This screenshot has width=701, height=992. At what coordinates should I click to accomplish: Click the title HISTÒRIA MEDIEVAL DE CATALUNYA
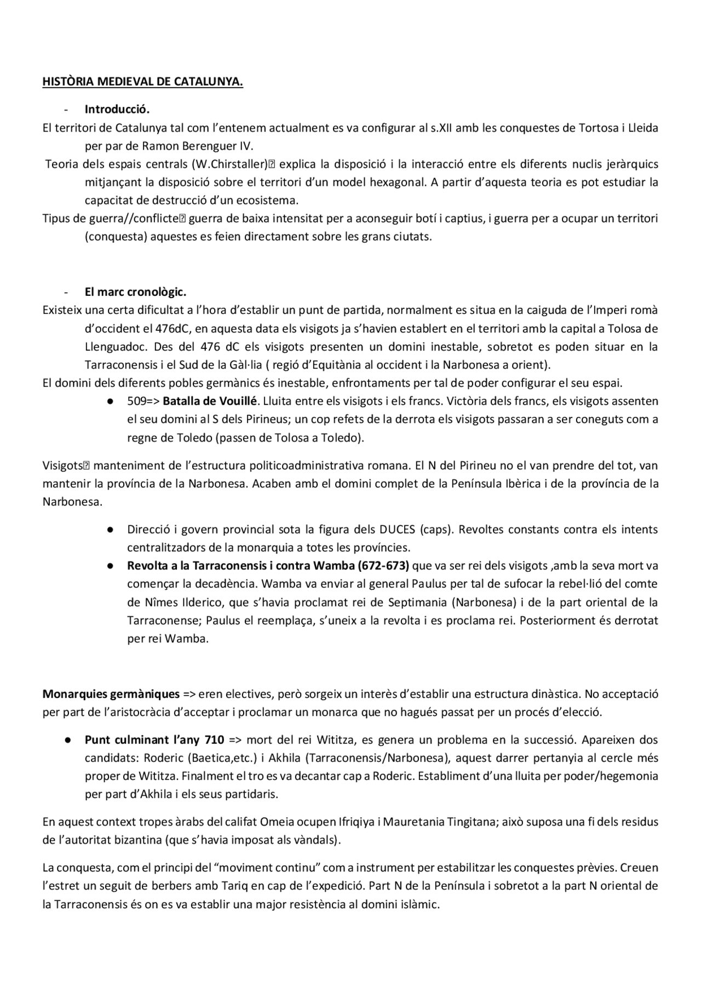(143, 82)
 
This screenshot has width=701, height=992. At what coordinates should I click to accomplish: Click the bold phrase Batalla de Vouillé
(210, 401)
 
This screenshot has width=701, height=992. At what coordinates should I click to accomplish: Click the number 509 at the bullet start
(135, 401)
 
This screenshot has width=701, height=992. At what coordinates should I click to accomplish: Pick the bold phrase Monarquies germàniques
(111, 695)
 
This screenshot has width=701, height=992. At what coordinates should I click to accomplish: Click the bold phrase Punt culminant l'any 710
(154, 740)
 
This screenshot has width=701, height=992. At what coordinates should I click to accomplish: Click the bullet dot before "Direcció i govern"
(110, 530)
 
